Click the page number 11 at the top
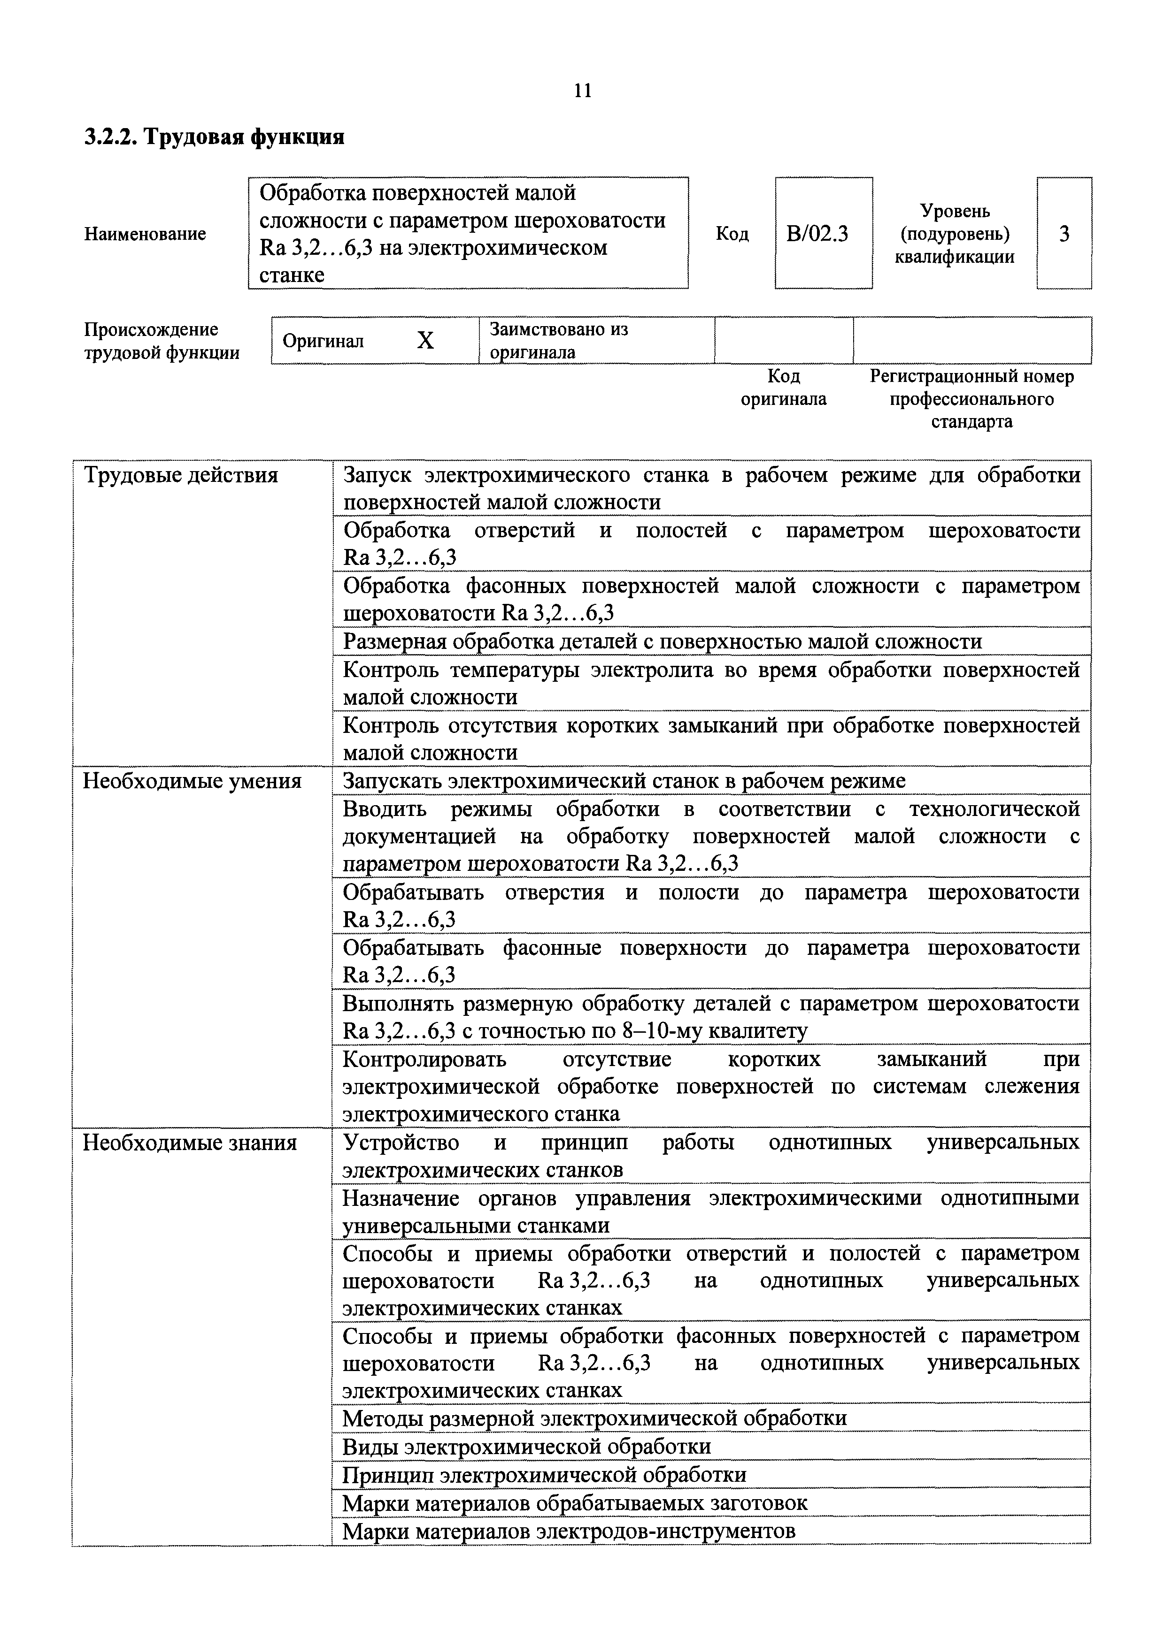tap(582, 91)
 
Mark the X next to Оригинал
tap(425, 341)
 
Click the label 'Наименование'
tap(145, 234)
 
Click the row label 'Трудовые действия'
tap(181, 475)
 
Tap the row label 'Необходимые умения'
tap(192, 781)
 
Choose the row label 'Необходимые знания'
tap(190, 1143)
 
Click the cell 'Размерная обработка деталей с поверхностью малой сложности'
tap(662, 641)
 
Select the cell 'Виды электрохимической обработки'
tap(526, 1447)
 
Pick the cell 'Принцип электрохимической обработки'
tap(544, 1475)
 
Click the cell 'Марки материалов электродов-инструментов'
tap(569, 1531)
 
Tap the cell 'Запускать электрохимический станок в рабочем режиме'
tap(624, 781)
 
